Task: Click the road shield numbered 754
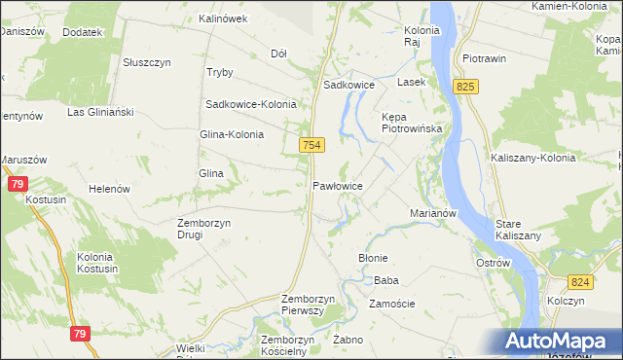pyautogui.click(x=311, y=145)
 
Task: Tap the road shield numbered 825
pyautogui.click(x=466, y=88)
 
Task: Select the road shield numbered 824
pyautogui.click(x=582, y=282)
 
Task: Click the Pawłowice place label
pyautogui.click(x=338, y=185)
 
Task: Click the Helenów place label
pyautogui.click(x=109, y=189)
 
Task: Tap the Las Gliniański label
pyautogui.click(x=99, y=112)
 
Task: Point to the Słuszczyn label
pyautogui.click(x=147, y=62)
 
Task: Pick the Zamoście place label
pyautogui.click(x=392, y=304)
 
